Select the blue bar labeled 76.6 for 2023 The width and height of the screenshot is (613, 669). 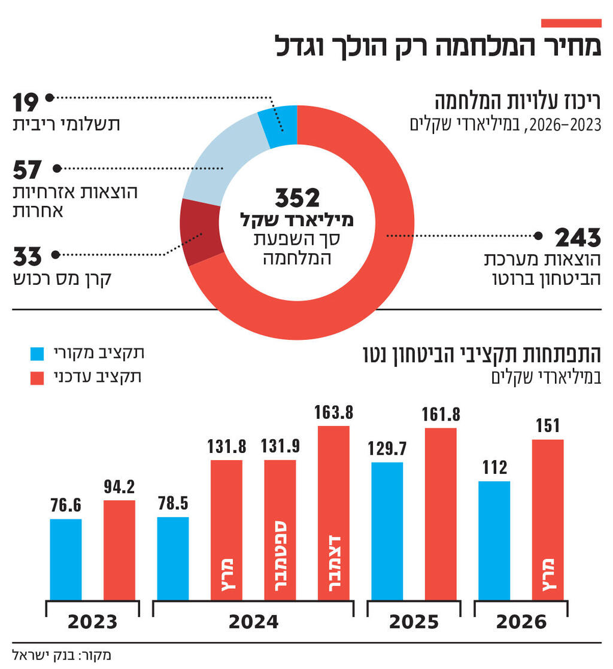(x=66, y=559)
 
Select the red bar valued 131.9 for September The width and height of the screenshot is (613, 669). (x=280, y=529)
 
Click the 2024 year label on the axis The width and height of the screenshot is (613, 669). (x=253, y=622)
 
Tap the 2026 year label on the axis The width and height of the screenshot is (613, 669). (x=521, y=622)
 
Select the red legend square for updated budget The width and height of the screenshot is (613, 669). (x=37, y=378)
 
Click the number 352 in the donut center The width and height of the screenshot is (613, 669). (x=297, y=198)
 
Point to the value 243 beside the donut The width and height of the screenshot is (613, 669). (x=578, y=238)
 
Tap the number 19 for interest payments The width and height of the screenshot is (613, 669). (x=26, y=103)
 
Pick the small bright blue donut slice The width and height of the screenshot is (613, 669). (x=279, y=126)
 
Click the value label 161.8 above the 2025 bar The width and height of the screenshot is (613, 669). (x=441, y=414)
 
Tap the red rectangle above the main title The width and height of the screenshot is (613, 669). (x=570, y=23)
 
